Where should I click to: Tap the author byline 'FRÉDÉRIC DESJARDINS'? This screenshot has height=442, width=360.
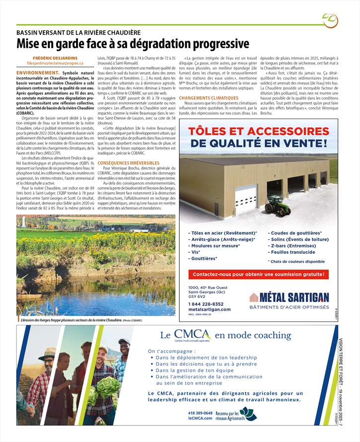tap(55, 58)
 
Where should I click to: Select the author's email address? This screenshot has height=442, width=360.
tap(55, 64)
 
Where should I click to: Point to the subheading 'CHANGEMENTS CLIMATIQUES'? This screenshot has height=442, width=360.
tap(209, 98)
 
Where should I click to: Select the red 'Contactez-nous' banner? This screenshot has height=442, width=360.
tap(258, 274)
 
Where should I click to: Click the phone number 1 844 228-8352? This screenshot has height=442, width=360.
tap(206, 303)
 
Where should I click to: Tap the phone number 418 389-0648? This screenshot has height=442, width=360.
tap(201, 413)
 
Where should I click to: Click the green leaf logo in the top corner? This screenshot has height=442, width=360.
tap(329, 20)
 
